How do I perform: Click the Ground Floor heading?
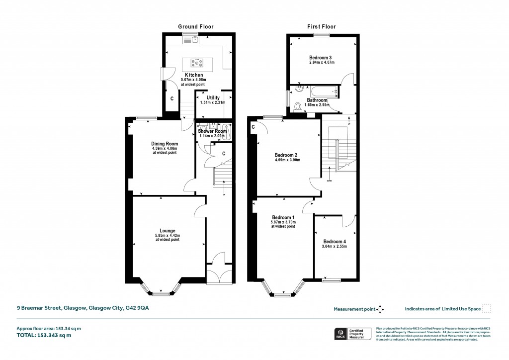pos(196,26)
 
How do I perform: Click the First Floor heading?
pos(321,26)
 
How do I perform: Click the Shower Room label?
pos(212,131)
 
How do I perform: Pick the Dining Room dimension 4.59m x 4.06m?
pos(165,148)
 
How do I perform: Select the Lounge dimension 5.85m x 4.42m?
pos(167,235)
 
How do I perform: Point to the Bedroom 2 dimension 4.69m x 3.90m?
pos(288,160)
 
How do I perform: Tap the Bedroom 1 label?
pos(283,217)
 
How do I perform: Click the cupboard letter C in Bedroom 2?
pos(254,127)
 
